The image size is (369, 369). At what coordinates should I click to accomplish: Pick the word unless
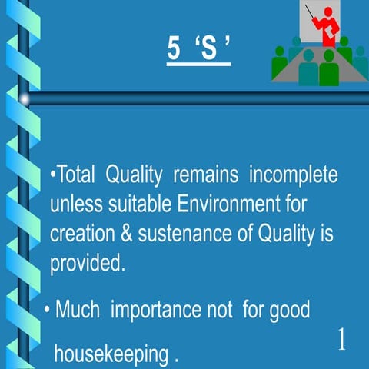point(74,205)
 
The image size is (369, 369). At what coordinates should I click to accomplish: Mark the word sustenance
point(178,234)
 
